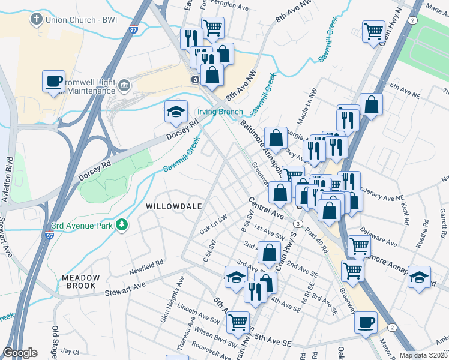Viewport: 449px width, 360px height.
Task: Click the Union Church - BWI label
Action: (77, 19)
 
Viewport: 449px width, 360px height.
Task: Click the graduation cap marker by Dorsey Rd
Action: (175, 112)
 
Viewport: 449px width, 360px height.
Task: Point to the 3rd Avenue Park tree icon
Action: (123, 225)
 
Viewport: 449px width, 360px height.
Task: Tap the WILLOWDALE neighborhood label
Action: (172, 206)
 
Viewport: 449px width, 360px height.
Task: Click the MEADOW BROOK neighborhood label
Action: (79, 281)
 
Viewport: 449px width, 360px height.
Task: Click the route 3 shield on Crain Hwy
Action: (298, 223)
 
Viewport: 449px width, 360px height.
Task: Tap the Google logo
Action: (20, 352)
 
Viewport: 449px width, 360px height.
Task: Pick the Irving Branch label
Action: (220, 112)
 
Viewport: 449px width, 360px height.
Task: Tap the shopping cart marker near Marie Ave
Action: (373, 31)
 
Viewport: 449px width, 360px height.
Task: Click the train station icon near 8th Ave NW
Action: (195, 80)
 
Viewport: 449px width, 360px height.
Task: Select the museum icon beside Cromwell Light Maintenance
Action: (124, 85)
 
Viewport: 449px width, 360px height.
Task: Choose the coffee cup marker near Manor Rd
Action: (366, 323)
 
